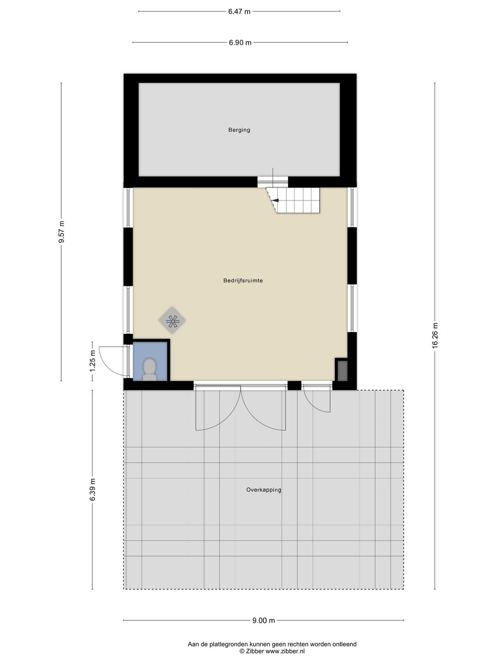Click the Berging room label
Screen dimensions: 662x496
click(x=239, y=130)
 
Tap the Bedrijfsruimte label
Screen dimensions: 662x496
click(x=243, y=280)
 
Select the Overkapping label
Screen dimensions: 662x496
click(x=264, y=490)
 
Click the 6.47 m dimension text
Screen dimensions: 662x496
click(x=239, y=11)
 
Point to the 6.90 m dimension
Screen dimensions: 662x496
click(x=240, y=43)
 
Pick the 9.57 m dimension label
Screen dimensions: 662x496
click(x=62, y=232)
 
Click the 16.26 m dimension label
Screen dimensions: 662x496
click(x=435, y=336)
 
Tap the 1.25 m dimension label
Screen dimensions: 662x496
click(x=93, y=361)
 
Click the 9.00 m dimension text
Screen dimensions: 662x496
click(x=264, y=621)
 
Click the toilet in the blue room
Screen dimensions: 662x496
click(x=150, y=369)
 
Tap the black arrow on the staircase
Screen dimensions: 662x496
click(x=275, y=200)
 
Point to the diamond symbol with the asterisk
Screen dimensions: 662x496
click(x=172, y=320)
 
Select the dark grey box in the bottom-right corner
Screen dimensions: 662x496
click(x=342, y=371)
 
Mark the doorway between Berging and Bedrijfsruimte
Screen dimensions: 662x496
click(x=272, y=182)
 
